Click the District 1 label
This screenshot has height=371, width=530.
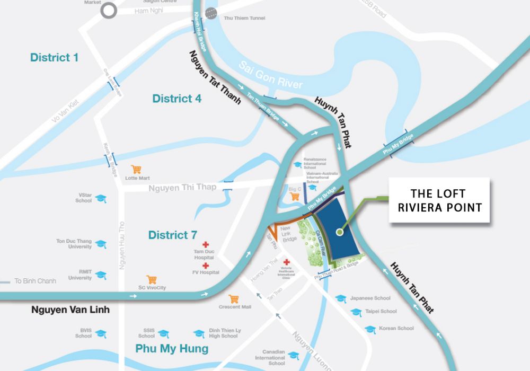[x=54, y=57]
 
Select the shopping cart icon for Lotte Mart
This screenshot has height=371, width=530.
[x=136, y=170]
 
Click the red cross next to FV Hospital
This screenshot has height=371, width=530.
[x=206, y=266]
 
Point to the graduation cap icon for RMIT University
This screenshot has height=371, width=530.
[x=101, y=275]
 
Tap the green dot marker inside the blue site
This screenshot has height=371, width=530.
[x=339, y=231]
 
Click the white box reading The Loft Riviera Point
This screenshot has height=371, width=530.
[x=439, y=200]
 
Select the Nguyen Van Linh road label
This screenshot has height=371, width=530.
[x=70, y=310]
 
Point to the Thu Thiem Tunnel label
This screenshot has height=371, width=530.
[x=245, y=18]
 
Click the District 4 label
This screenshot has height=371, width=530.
[x=177, y=98]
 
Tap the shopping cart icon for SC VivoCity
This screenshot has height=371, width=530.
[x=152, y=279]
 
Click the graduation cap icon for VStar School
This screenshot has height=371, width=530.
[x=101, y=198]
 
